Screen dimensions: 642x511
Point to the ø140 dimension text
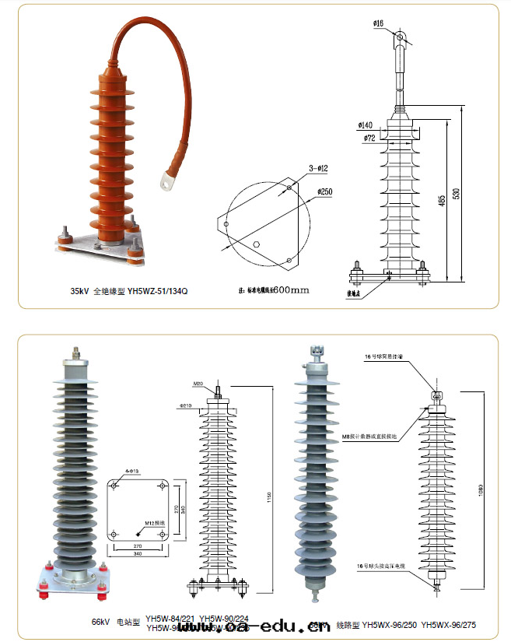tap(365, 125)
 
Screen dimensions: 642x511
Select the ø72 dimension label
tap(369, 139)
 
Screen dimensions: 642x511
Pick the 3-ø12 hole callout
tap(318, 168)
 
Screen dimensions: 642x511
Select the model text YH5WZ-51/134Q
tap(158, 291)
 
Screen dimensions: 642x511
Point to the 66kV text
tap(102, 623)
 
